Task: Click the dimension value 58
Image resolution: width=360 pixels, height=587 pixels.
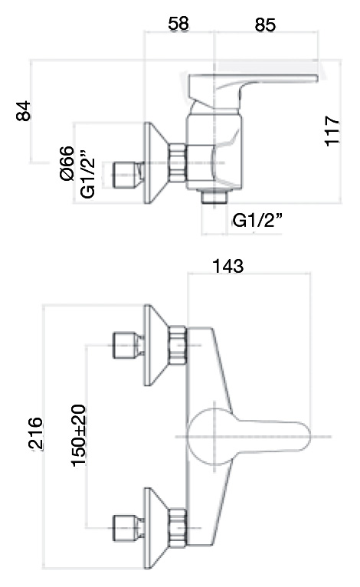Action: [178, 24]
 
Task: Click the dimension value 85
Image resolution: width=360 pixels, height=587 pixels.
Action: [265, 25]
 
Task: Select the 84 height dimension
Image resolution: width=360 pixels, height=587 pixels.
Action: [23, 110]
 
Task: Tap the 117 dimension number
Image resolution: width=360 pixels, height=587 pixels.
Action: [332, 130]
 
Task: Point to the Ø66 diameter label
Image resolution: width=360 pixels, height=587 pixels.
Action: [67, 163]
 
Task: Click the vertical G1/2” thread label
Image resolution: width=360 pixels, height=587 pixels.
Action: [88, 174]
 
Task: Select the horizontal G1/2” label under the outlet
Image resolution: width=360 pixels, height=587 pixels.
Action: [257, 220]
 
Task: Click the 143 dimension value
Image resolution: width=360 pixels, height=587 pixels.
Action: [228, 266]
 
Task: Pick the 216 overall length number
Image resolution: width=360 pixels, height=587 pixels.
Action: [35, 433]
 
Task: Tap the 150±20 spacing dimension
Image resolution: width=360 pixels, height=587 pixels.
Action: [79, 435]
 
